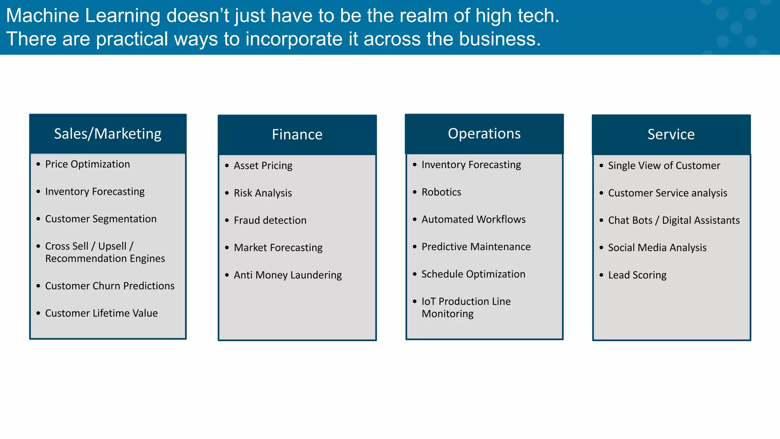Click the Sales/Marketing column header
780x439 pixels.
pyautogui.click(x=107, y=134)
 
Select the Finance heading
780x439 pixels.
pyautogui.click(x=297, y=135)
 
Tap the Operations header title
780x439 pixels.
pyautogui.click(x=484, y=134)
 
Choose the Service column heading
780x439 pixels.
pyautogui.click(x=671, y=135)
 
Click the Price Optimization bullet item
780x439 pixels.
pyautogui.click(x=87, y=164)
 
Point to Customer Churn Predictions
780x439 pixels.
pyautogui.click(x=110, y=286)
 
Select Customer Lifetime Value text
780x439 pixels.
pyautogui.click(x=101, y=313)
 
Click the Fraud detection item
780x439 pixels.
pyautogui.click(x=270, y=220)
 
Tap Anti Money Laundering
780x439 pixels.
pyautogui.click(x=288, y=275)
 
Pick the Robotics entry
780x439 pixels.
pyautogui.click(x=441, y=192)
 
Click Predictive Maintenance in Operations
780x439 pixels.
pyautogui.click(x=476, y=247)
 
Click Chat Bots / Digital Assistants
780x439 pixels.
pyautogui.click(x=673, y=220)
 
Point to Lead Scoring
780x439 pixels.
pyautogui.click(x=637, y=275)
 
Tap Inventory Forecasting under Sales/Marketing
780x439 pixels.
pyautogui.click(x=95, y=192)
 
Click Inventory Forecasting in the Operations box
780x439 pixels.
pyautogui.click(x=471, y=165)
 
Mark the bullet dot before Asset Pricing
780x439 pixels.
pyautogui.click(x=227, y=166)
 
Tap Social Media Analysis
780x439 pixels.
pyautogui.click(x=657, y=248)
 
